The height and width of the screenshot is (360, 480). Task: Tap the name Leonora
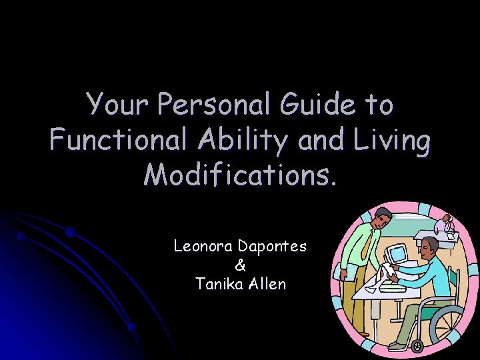201,246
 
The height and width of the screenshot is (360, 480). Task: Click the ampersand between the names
240,265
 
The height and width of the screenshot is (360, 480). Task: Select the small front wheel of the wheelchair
417,346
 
